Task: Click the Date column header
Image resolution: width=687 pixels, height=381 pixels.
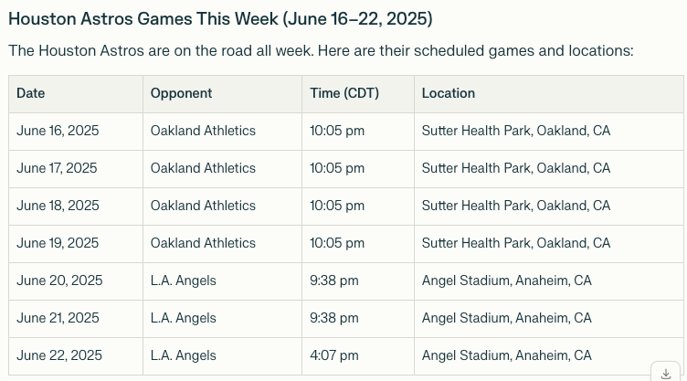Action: [31, 93]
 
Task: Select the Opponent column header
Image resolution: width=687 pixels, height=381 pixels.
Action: [182, 93]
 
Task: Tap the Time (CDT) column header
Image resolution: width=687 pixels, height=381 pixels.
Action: [344, 93]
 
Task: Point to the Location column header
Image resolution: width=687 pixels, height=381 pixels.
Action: [449, 93]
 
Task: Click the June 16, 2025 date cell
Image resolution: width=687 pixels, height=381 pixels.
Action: [58, 131]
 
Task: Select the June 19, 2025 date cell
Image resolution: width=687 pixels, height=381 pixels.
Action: [58, 243]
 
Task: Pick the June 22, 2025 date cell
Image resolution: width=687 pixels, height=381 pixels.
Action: [59, 355]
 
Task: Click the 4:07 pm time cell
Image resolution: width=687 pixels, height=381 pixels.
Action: [333, 355]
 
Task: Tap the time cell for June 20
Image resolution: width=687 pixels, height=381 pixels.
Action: [333, 280]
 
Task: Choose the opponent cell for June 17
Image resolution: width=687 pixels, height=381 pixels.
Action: [203, 168]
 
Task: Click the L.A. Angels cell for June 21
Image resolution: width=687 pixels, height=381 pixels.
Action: [183, 318]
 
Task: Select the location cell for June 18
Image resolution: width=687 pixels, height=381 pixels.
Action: [515, 206]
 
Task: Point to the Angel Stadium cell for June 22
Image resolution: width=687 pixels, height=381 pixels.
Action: [506, 355]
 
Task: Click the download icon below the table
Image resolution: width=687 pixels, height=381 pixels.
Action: [666, 374]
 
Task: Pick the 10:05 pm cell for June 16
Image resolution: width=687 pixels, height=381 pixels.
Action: [337, 131]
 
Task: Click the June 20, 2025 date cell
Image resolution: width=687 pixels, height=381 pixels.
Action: [59, 280]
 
